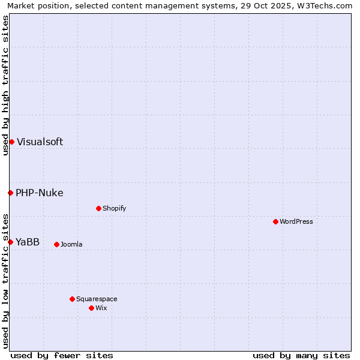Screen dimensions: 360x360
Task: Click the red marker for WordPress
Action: point(275,221)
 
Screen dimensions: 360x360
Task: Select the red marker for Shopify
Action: point(98,208)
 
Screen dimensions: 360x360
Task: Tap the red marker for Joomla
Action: point(56,244)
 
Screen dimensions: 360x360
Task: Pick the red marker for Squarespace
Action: point(72,299)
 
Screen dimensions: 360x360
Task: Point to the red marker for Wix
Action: point(91,308)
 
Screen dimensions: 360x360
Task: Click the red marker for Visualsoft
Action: point(11,142)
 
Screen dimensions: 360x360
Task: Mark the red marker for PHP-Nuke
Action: point(10,193)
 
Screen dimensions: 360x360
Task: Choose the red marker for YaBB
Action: point(10,242)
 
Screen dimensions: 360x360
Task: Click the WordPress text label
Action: point(296,222)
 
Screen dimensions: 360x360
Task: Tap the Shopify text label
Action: point(114,209)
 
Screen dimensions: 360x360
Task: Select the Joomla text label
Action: point(71,245)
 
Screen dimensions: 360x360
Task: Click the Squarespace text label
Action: point(97,299)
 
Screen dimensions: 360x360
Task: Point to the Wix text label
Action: point(101,308)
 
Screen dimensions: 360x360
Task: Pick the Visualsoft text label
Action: point(40,142)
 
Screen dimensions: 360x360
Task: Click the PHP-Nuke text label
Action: point(40,193)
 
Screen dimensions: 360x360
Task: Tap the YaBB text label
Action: point(28,242)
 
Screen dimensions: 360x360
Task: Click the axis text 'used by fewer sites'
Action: point(62,355)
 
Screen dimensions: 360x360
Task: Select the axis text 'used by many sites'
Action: point(301,355)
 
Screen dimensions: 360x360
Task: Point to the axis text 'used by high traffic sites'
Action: point(5,85)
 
